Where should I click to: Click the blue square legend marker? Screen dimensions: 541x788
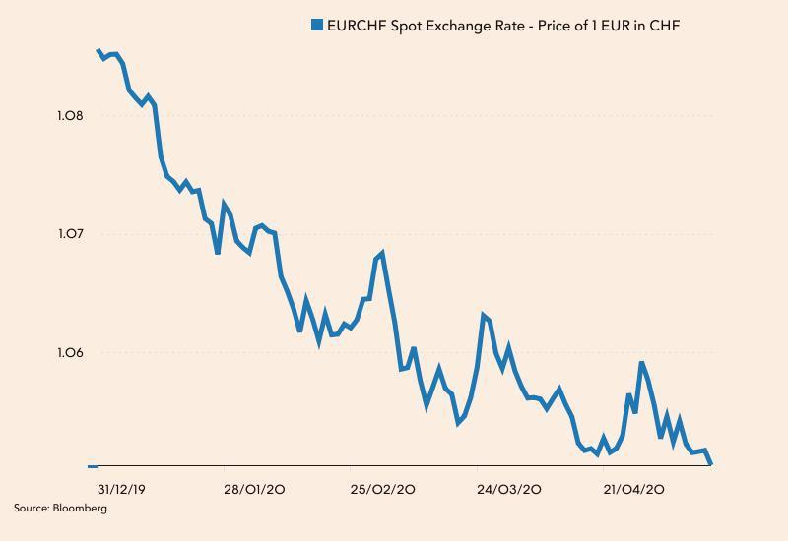click(317, 25)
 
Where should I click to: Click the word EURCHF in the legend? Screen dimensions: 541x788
click(358, 25)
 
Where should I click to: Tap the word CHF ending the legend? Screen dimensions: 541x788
click(664, 25)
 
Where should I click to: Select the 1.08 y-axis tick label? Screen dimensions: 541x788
click(71, 116)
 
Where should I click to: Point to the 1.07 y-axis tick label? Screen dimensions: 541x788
click(71, 234)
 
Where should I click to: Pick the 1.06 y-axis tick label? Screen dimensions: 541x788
click(71, 352)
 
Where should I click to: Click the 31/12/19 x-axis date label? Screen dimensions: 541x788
click(122, 489)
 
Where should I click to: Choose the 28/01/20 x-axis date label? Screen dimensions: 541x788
click(255, 489)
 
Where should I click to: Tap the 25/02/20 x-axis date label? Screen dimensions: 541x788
click(383, 489)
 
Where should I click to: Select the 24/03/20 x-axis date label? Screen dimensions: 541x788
click(509, 489)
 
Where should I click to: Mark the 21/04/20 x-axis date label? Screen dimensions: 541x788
click(634, 489)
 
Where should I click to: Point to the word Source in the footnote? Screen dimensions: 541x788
click(31, 509)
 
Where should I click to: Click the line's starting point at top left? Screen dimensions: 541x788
click(98, 50)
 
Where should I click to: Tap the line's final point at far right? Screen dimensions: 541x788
click(710, 463)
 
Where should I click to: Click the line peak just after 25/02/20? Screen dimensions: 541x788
click(382, 254)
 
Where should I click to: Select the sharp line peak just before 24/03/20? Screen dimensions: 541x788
click(483, 315)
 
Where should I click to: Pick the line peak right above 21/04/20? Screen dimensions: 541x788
click(641, 363)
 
